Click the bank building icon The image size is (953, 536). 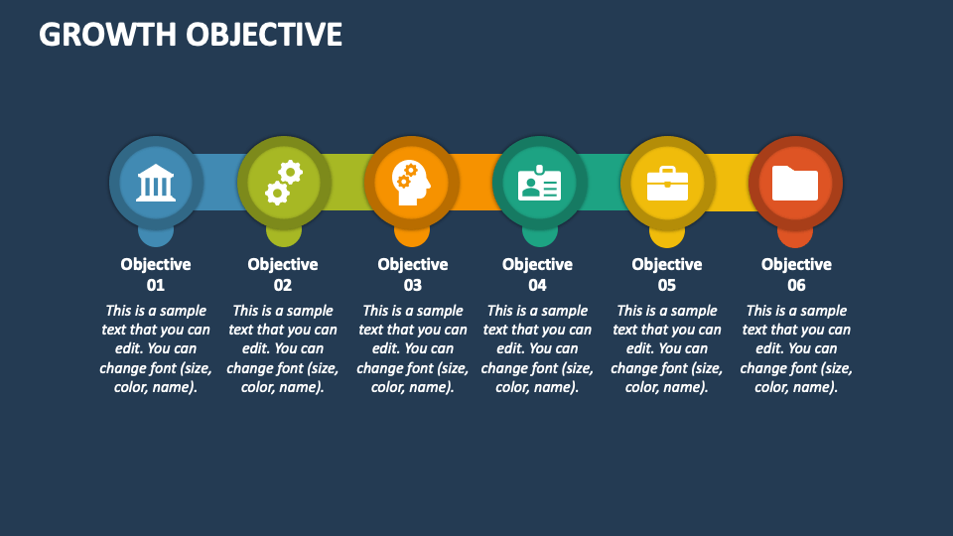click(x=156, y=183)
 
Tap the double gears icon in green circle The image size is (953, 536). click(x=283, y=183)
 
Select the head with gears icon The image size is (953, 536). click(x=411, y=183)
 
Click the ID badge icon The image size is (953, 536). click(x=539, y=184)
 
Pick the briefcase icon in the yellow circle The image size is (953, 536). click(x=667, y=184)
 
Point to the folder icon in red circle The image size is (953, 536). click(x=795, y=184)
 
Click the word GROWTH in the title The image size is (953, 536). click(x=106, y=35)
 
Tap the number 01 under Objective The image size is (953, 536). click(x=156, y=285)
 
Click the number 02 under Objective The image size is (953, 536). click(x=283, y=285)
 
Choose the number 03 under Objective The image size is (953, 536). click(x=413, y=285)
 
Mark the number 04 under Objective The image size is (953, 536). click(x=537, y=285)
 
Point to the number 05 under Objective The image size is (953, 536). click(x=667, y=285)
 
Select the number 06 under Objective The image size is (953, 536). click(x=796, y=285)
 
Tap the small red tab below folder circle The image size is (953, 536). click(x=795, y=238)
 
